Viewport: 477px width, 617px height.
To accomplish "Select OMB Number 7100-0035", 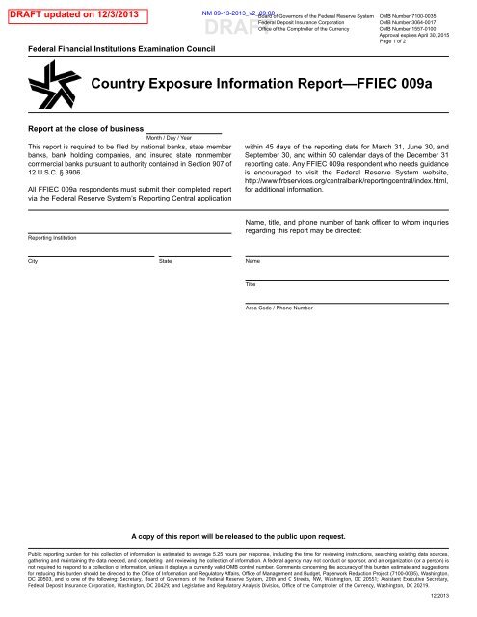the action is [x=408, y=16].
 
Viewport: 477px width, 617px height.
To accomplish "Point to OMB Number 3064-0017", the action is [x=408, y=24].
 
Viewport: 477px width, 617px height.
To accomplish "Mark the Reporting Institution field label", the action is [x=54, y=237].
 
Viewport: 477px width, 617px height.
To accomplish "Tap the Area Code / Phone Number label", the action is [x=279, y=308].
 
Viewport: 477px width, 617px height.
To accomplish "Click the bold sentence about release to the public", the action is [x=237, y=533].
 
